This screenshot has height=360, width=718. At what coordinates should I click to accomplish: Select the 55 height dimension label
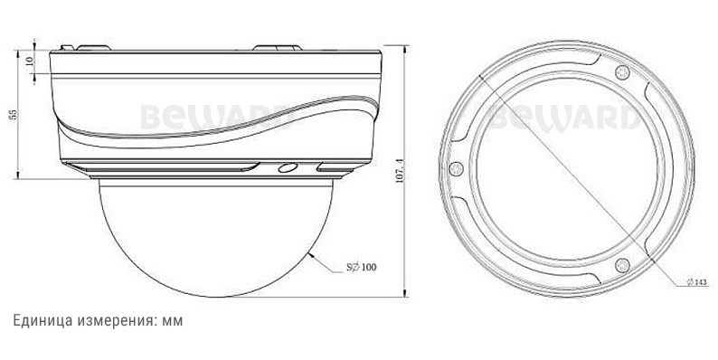(14, 114)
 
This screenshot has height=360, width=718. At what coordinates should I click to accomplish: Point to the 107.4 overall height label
(400, 171)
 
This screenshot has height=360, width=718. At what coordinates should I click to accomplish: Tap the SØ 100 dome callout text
(362, 267)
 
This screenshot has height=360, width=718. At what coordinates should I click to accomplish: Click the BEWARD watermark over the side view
(215, 117)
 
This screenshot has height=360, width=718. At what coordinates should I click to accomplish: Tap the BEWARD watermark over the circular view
(564, 117)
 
